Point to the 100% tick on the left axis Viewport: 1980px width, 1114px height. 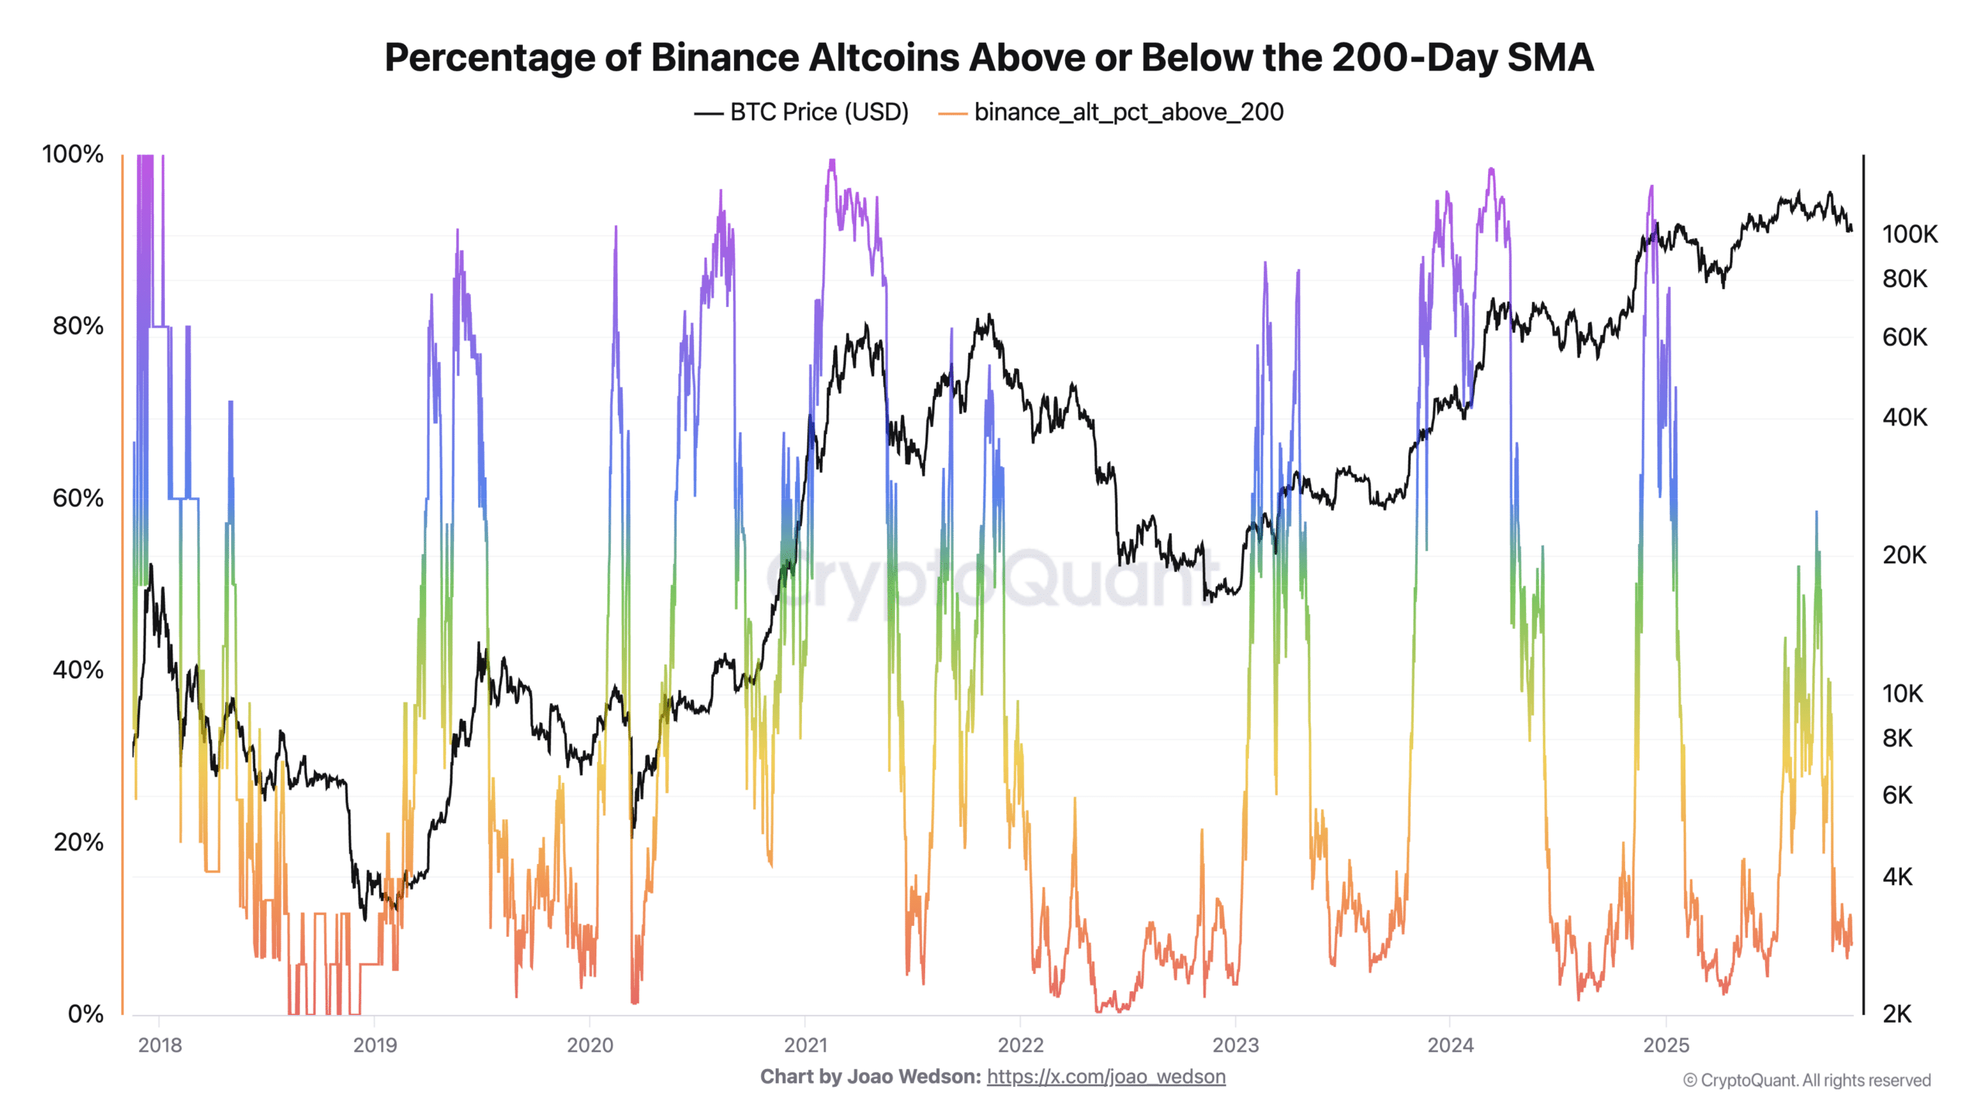pyautogui.click(x=73, y=154)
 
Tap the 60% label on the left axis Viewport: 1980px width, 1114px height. pyautogui.click(x=77, y=498)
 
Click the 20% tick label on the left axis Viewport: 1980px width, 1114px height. pyautogui.click(x=77, y=842)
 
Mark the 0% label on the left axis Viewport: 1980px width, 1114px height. pyautogui.click(x=85, y=1013)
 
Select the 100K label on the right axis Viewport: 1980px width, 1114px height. pyautogui.click(x=1909, y=234)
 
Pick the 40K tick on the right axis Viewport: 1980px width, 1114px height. pyautogui.click(x=1904, y=418)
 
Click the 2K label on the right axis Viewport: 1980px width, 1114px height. pyautogui.click(x=1896, y=1013)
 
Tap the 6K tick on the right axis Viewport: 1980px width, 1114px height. pyautogui.click(x=1896, y=795)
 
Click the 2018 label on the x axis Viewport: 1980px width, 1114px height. pyautogui.click(x=159, y=1045)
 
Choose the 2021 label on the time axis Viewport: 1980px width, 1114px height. pyautogui.click(x=805, y=1045)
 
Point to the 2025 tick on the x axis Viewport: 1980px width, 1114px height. pyautogui.click(x=1665, y=1045)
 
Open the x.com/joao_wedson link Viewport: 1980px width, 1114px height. pyautogui.click(x=1106, y=1077)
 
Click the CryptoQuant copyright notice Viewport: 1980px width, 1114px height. pyautogui.click(x=1807, y=1081)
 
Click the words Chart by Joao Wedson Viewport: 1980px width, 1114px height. pyautogui.click(x=870, y=1077)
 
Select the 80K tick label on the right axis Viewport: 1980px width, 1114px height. pyautogui.click(x=1904, y=278)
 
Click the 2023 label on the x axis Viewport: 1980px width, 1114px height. pyautogui.click(x=1235, y=1045)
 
